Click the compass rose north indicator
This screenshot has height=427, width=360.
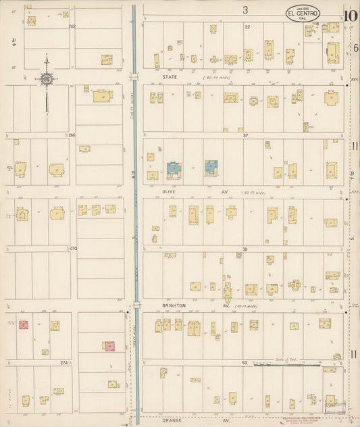point(47,79)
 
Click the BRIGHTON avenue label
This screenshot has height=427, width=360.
point(174,305)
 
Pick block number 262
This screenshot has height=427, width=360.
point(72,26)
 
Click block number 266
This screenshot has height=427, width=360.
point(72,135)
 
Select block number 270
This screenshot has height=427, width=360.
point(73,248)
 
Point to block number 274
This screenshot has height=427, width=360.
point(64,362)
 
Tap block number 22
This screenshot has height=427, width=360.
point(247,26)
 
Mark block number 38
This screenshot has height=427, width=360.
point(246,249)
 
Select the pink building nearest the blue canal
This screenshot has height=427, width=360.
point(109,346)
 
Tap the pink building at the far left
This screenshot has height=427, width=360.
point(23,324)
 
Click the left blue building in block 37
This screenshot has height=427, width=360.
point(174,169)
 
